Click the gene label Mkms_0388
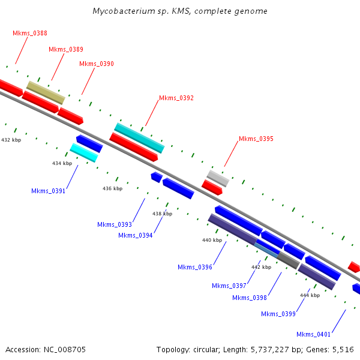click(x=30, y=33)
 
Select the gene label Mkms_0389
click(x=66, y=49)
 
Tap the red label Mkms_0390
click(x=97, y=64)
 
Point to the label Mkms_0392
click(x=176, y=98)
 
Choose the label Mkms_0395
click(x=256, y=139)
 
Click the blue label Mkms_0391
click(x=49, y=191)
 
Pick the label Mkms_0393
click(x=115, y=224)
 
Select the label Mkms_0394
click(x=136, y=235)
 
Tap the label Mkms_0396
click(x=195, y=267)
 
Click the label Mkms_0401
click(x=314, y=334)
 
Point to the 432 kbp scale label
click(x=11, y=140)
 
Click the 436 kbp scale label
click(x=112, y=188)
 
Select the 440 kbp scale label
click(x=212, y=240)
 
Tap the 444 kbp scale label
click(x=310, y=295)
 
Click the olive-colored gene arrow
click(x=46, y=92)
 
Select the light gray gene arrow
click(x=218, y=178)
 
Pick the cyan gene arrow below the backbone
click(x=84, y=152)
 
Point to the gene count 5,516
click(x=343, y=349)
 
